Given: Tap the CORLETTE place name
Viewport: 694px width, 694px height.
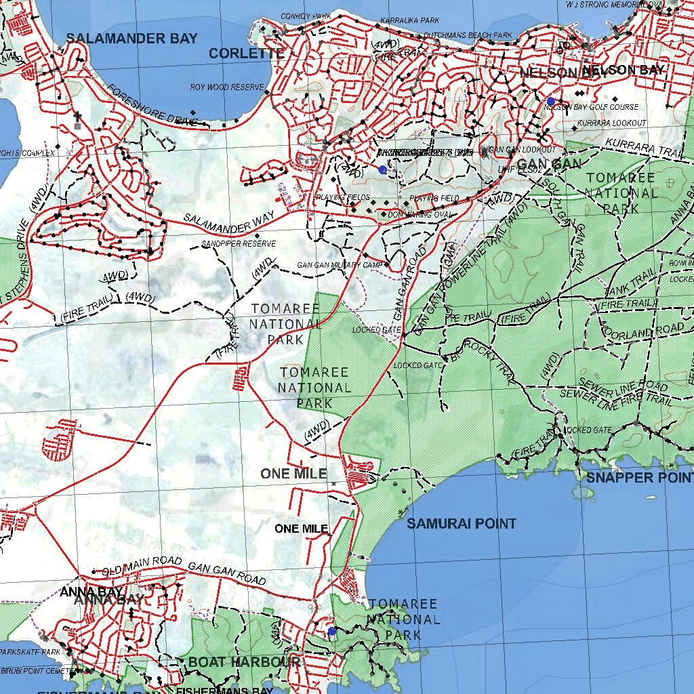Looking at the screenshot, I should (246, 54).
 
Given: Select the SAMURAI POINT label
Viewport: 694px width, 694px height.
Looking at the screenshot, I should (461, 523).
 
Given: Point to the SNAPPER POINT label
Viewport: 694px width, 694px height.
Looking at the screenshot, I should (639, 478).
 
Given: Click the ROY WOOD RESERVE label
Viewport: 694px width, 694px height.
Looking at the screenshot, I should (226, 87).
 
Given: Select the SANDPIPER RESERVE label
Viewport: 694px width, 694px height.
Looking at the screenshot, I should (239, 243).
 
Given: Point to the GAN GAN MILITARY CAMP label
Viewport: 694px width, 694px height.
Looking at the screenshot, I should (340, 265).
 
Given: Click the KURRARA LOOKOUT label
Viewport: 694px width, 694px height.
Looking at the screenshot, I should (613, 123).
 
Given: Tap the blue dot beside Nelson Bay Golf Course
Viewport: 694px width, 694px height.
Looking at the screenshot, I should (550, 101).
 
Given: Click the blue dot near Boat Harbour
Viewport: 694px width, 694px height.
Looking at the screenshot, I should (331, 631).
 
